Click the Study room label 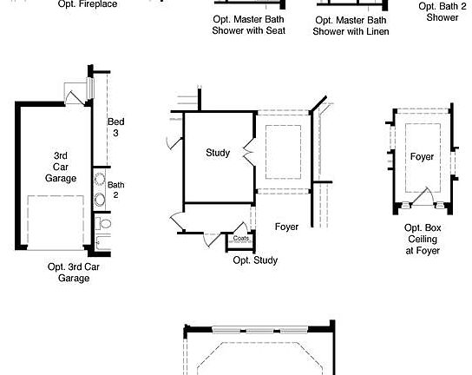[x=218, y=153]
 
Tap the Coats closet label [x=241, y=238]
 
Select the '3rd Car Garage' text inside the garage [x=61, y=167]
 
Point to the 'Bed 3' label [x=116, y=127]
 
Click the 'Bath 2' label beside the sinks [x=116, y=190]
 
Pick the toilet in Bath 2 [x=103, y=223]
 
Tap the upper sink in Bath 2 [x=99, y=180]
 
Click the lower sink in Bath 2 [x=99, y=200]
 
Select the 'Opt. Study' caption [x=255, y=260]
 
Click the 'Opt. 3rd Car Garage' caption [x=74, y=273]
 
